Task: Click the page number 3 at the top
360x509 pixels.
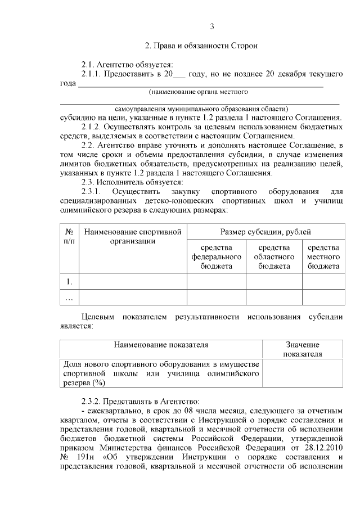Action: (211, 26)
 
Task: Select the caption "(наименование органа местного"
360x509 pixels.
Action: (199, 91)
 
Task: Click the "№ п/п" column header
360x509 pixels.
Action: (70, 236)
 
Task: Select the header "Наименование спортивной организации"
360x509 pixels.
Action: (132, 236)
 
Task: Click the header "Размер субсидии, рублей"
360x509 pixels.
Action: (265, 232)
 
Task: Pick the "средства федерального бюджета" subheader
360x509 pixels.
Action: (216, 256)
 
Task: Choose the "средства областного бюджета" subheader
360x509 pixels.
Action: (274, 256)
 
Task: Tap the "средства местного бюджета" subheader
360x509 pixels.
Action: (323, 256)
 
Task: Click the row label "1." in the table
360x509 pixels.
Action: (69, 281)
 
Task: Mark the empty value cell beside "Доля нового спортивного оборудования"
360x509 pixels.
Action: (302, 373)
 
